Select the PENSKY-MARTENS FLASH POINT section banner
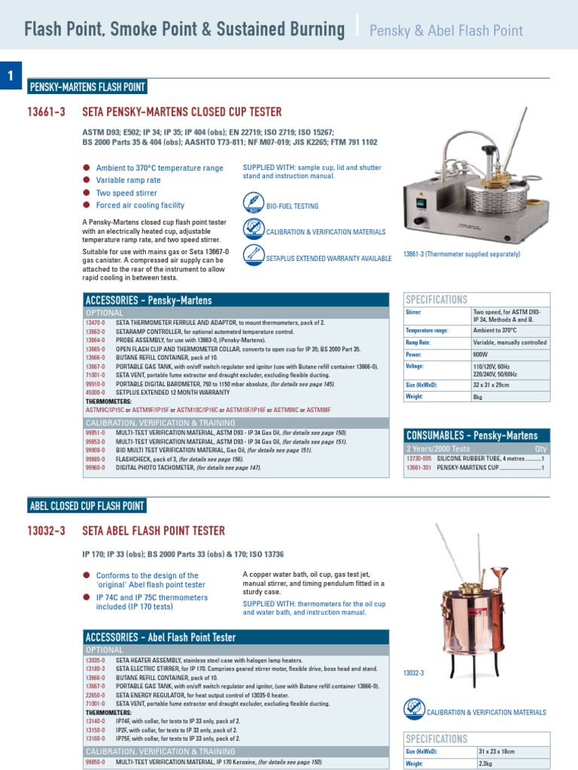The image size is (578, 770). pos(87,87)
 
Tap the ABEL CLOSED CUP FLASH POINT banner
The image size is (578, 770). pos(86,505)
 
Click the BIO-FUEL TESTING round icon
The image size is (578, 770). pos(254,203)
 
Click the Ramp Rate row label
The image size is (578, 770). pos(418,341)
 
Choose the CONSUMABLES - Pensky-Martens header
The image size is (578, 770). pos(477,435)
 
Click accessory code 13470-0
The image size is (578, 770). pos(96,323)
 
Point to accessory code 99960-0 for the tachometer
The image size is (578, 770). pos(96,467)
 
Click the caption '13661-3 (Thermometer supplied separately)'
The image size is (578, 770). pos(461,255)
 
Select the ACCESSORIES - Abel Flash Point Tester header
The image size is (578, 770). pos(161,638)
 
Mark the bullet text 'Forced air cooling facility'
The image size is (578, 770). pos(140,205)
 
